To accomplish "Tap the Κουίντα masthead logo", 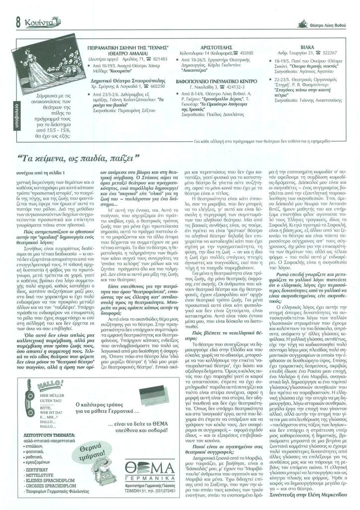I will click(x=38, y=20).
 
